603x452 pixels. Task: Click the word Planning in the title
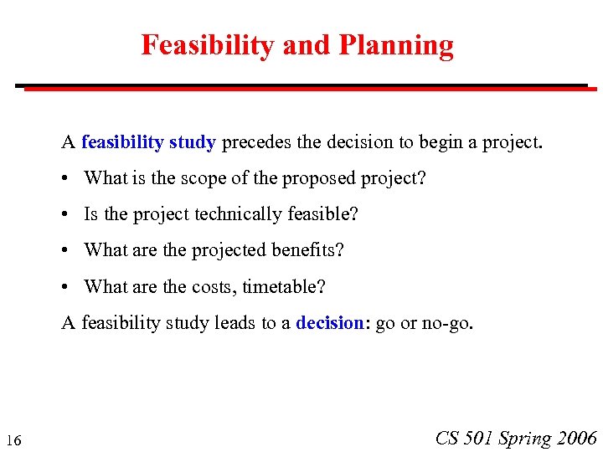point(396,45)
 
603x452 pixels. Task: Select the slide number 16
point(13,440)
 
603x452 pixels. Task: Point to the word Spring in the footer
point(524,438)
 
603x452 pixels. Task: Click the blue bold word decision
point(329,323)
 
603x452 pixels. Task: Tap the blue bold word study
point(192,142)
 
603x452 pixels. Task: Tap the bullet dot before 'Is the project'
point(66,215)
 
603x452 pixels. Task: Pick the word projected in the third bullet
point(231,250)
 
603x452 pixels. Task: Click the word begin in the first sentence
point(441,142)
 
